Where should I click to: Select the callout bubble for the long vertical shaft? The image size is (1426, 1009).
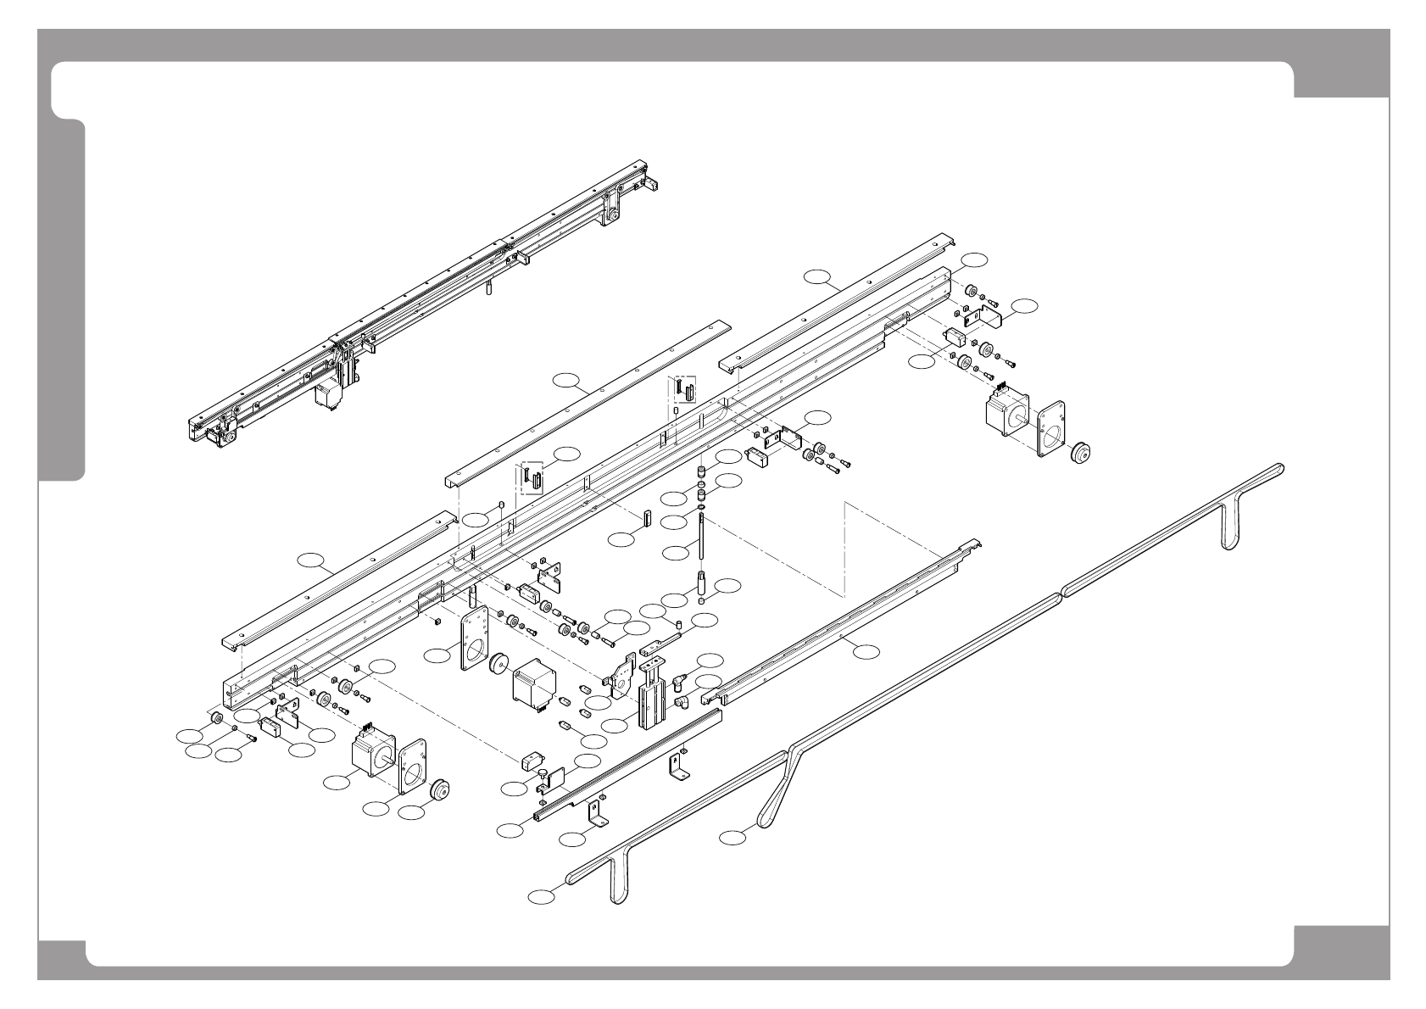[x=676, y=552]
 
